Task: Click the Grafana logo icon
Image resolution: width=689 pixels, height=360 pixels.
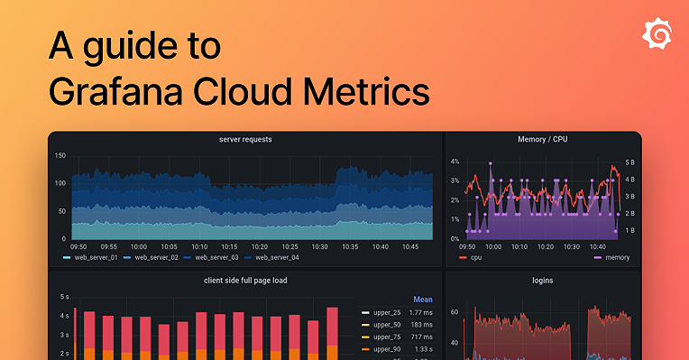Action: pyautogui.click(x=657, y=33)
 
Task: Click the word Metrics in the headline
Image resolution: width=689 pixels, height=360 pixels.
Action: pyautogui.click(x=364, y=91)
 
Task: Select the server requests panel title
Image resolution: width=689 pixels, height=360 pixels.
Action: pyautogui.click(x=245, y=140)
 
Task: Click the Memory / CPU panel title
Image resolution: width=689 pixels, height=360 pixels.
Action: pyautogui.click(x=542, y=140)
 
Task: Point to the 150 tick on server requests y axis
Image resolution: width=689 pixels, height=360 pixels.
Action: pyautogui.click(x=60, y=156)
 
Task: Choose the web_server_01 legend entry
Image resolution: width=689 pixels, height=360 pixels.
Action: pyautogui.click(x=89, y=258)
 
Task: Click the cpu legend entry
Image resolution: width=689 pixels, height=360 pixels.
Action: pyautogui.click(x=470, y=258)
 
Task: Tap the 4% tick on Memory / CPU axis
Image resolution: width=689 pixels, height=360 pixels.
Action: pyautogui.click(x=455, y=162)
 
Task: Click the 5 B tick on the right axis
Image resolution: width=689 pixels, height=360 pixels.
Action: pyautogui.click(x=629, y=162)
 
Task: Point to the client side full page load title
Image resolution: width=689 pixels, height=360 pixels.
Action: pyautogui.click(x=245, y=281)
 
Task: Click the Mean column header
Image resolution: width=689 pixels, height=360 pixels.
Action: pyautogui.click(x=423, y=300)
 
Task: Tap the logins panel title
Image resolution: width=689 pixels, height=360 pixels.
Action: pyautogui.click(x=542, y=281)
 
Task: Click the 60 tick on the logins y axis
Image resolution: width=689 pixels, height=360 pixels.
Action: pyautogui.click(x=455, y=312)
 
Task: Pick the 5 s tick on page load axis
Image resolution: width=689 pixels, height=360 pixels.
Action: pyautogui.click(x=64, y=297)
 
